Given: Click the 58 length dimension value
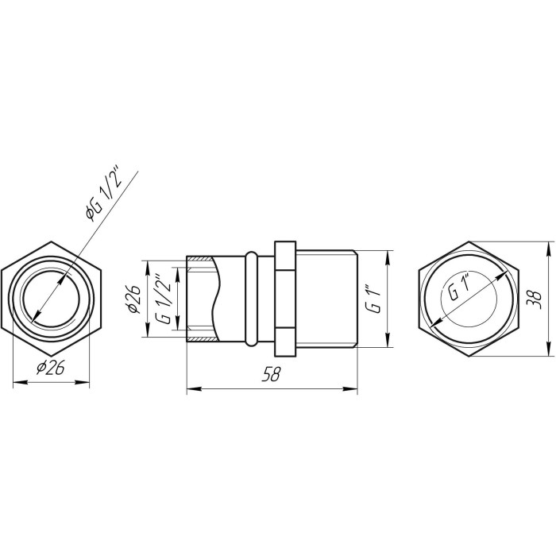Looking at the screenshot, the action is pyautogui.click(x=271, y=375).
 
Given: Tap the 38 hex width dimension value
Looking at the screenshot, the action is pyautogui.click(x=535, y=299).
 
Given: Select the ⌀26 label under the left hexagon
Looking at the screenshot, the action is pyautogui.click(x=50, y=368).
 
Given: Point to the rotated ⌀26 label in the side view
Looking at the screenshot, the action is pyautogui.click(x=133, y=299).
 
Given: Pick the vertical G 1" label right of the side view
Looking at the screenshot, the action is pyautogui.click(x=374, y=298).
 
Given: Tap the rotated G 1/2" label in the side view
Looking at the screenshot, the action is pyautogui.click(x=164, y=299).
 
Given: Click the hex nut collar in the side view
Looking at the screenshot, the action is pyautogui.click(x=285, y=299).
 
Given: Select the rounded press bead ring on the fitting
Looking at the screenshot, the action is pyautogui.click(x=251, y=299).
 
